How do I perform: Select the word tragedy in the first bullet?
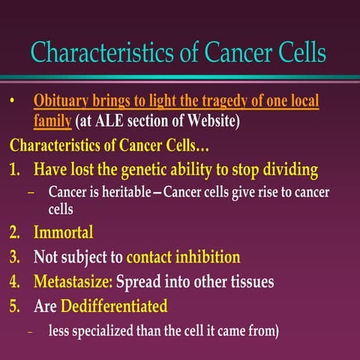(224, 100)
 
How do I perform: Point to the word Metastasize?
(72, 283)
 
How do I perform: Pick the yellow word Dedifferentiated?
(113, 307)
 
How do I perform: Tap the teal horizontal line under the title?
(180, 77)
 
